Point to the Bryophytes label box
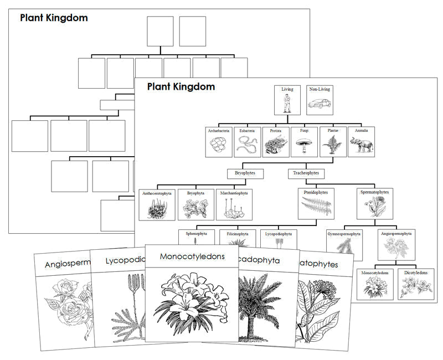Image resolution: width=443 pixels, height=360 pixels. [245, 173]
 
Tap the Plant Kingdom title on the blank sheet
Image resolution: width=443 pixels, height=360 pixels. [54, 18]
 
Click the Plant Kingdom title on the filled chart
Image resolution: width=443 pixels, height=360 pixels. [181, 87]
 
